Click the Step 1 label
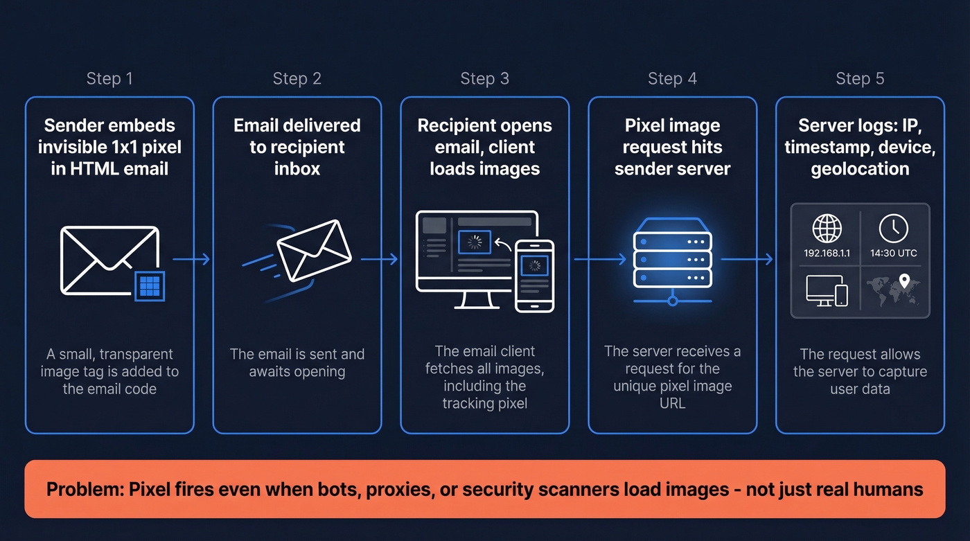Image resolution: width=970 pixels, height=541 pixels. point(109,79)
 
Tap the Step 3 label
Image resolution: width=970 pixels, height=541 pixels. point(484,79)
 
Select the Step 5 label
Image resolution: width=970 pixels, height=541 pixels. point(860,79)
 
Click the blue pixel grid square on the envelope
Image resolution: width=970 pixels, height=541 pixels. point(150,285)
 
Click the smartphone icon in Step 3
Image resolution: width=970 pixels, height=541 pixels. point(534,275)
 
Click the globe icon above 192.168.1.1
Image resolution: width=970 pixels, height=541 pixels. point(827,228)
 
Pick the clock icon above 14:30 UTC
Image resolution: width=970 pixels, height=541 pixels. point(893,228)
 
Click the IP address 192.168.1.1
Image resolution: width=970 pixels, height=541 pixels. point(827,253)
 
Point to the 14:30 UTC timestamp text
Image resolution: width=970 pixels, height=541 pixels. point(893,253)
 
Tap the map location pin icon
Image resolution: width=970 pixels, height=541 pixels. point(903,281)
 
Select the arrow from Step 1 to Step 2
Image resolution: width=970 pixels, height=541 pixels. point(191,259)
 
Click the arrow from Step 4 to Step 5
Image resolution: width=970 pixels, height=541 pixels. point(747,259)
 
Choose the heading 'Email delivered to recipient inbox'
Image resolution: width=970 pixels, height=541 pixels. point(297,147)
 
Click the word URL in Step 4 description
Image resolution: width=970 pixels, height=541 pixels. point(672,402)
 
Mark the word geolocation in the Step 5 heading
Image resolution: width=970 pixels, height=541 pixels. point(860,168)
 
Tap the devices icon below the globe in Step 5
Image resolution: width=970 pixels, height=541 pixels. point(827,290)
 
